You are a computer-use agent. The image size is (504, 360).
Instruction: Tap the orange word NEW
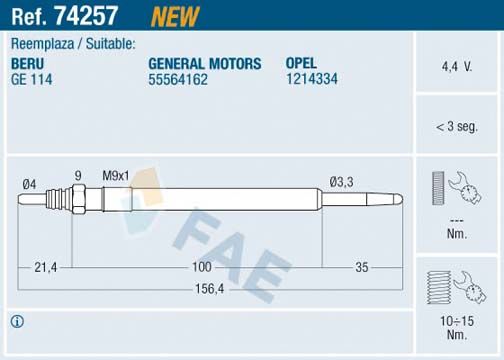pos(174,15)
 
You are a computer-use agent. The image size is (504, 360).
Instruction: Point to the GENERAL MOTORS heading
pos(204,63)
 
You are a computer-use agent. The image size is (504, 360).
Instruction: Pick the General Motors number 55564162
pos(178,79)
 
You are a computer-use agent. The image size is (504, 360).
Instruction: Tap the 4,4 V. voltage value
pos(457,66)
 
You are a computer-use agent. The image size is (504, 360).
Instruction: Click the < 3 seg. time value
pos(457,127)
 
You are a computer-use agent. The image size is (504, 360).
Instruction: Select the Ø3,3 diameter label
pos(343,182)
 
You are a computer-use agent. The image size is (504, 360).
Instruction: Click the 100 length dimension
pos(203,267)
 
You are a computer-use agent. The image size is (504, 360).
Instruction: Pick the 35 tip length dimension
pos(362,267)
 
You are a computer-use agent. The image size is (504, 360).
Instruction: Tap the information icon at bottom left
pos(16,322)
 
